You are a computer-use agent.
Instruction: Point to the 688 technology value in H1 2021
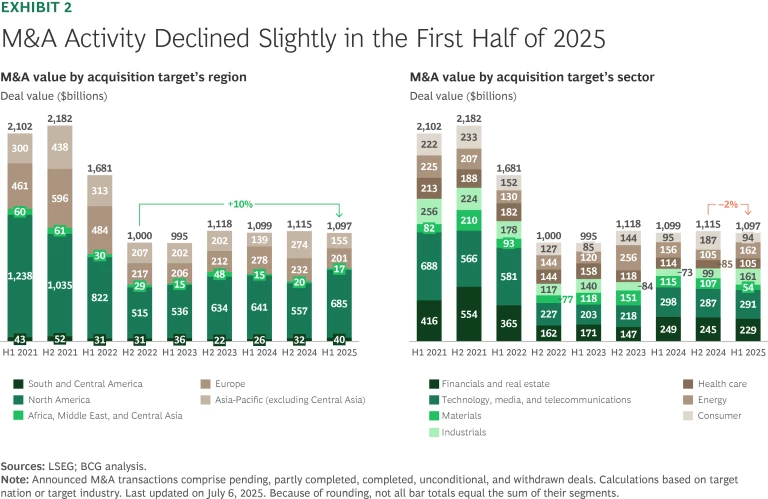tap(429, 265)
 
